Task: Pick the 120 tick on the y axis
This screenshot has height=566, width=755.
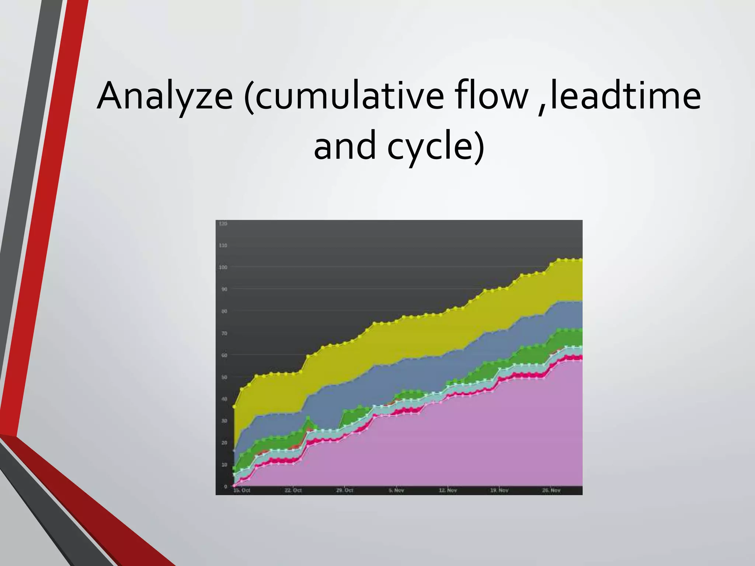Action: coord(223,224)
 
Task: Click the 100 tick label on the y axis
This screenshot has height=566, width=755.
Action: coord(223,267)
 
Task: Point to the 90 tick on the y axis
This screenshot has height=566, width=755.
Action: coord(224,289)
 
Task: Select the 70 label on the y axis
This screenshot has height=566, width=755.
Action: coord(224,333)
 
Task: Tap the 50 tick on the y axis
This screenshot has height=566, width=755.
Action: coord(224,377)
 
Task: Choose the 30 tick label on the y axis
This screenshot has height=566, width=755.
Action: coord(224,421)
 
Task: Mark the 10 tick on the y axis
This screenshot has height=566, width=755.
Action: coord(224,465)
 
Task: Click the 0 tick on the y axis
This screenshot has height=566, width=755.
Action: coord(226,486)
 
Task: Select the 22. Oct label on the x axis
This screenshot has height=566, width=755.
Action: coord(293,490)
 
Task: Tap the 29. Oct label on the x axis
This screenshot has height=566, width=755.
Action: coord(345,490)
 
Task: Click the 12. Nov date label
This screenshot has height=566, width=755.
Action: coord(448,490)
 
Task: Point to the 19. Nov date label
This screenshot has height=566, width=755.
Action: coord(500,490)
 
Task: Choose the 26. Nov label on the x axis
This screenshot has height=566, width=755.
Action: coord(552,490)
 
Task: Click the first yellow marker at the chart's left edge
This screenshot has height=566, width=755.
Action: coord(234,407)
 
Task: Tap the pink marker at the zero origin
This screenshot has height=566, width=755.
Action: coord(234,486)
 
